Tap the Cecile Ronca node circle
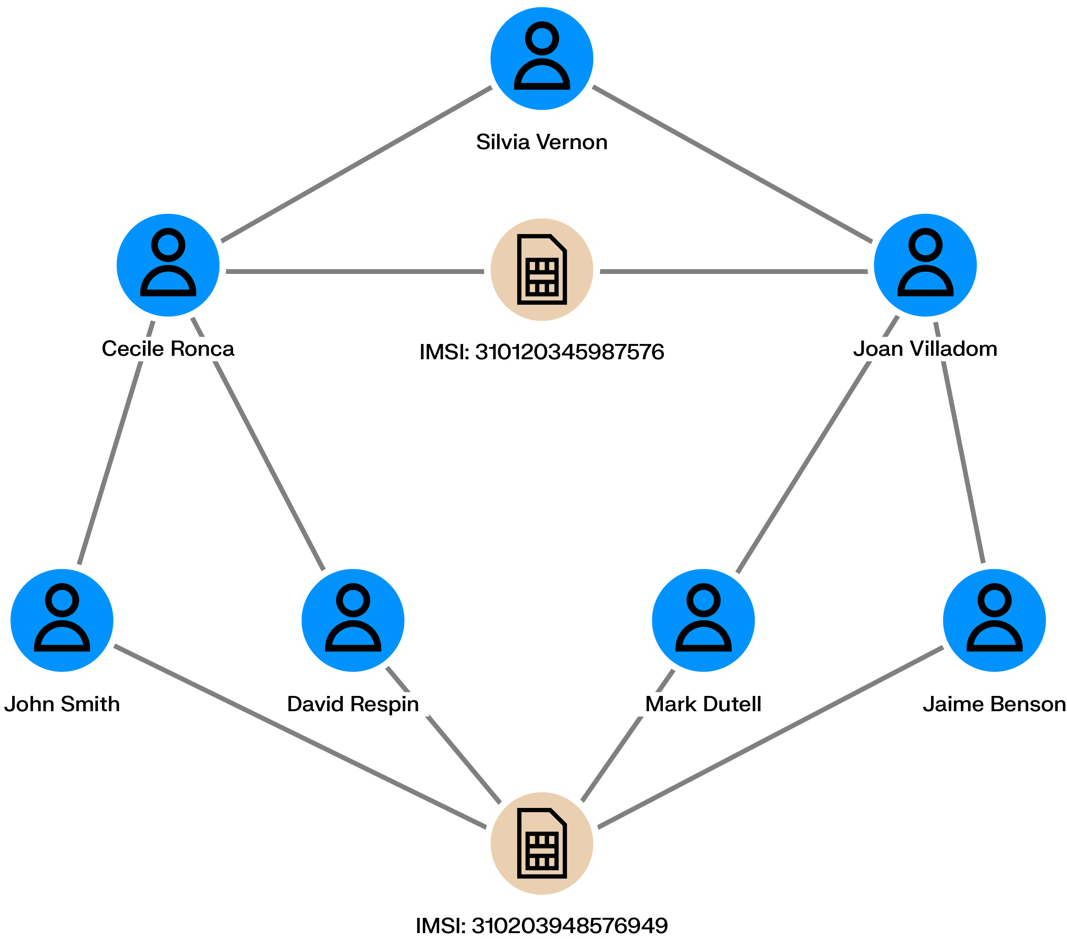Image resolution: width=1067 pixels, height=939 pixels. point(168,265)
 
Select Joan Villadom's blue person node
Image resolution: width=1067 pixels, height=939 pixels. point(925,265)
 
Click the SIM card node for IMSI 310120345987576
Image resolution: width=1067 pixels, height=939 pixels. point(542,269)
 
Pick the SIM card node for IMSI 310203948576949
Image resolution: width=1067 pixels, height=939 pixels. point(542,843)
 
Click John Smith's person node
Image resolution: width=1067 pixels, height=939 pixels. point(62,620)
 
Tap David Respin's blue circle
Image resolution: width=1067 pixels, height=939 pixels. point(353,620)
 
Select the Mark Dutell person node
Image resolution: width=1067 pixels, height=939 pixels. point(703,620)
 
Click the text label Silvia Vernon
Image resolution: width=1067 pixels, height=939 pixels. point(542,142)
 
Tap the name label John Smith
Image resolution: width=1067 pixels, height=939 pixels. point(62,704)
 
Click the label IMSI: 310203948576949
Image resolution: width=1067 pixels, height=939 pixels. point(542,925)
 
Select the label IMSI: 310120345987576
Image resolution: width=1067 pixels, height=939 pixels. point(542,352)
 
